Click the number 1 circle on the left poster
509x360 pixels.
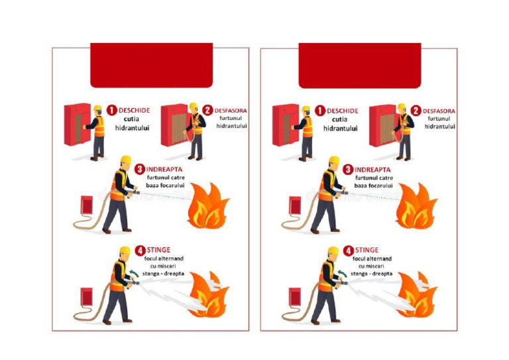pyautogui.click(x=112, y=110)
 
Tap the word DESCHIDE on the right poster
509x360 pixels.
pyautogui.click(x=342, y=111)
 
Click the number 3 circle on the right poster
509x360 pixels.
pyautogui.click(x=348, y=170)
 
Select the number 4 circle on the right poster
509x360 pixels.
pyautogui.click(x=348, y=251)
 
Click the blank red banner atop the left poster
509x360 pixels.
pyautogui.click(x=151, y=65)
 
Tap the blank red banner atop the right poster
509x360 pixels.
pyautogui.click(x=359, y=65)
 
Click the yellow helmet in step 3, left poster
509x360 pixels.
pyautogui.click(x=126, y=161)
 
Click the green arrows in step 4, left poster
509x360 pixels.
pyautogui.click(x=135, y=272)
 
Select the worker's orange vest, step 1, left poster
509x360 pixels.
pyautogui.click(x=99, y=127)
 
